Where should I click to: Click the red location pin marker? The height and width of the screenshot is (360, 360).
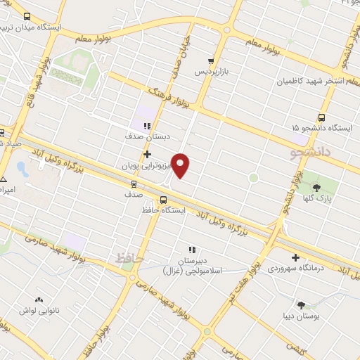pyautogui.click(x=181, y=165)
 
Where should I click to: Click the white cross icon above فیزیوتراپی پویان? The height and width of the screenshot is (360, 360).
pyautogui.click(x=147, y=154)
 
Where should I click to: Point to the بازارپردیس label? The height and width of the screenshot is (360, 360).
pyautogui.click(x=212, y=72)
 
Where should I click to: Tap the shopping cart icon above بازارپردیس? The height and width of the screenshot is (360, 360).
pyautogui.click(x=212, y=61)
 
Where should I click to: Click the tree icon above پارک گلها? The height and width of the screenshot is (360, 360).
pyautogui.click(x=316, y=187)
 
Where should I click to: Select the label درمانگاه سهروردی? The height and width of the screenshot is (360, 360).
pyautogui.click(x=294, y=269)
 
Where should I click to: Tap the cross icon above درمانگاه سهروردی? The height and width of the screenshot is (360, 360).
pyautogui.click(x=295, y=257)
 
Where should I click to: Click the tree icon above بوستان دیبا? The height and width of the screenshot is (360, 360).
pyautogui.click(x=302, y=305)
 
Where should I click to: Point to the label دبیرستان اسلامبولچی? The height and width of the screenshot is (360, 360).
pyautogui.click(x=191, y=265)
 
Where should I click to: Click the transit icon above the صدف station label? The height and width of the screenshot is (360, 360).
pyautogui.click(x=133, y=184)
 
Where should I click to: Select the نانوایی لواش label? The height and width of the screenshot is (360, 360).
pyautogui.click(x=32, y=310)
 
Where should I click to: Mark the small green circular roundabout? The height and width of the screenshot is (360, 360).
pyautogui.click(x=254, y=178)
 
